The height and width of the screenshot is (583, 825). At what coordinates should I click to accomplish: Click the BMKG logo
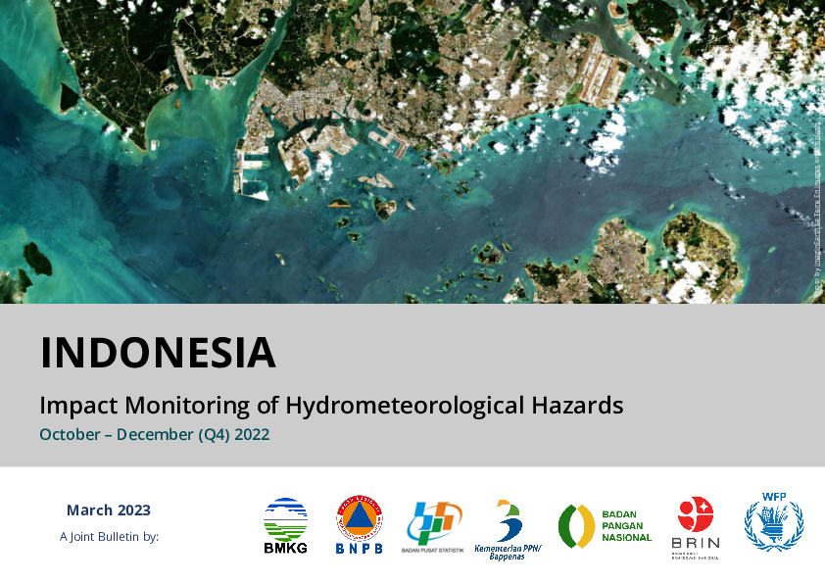[x=285, y=526]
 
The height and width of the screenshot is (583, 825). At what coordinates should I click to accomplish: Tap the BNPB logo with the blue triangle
[x=359, y=524]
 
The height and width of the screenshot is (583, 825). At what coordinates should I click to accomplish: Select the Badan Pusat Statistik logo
[x=431, y=526]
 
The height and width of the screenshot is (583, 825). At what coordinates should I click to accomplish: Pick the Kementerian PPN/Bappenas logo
[x=508, y=529]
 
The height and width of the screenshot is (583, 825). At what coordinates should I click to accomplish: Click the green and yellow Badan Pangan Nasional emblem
[x=576, y=526]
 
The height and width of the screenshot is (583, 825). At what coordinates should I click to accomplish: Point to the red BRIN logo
[x=696, y=526]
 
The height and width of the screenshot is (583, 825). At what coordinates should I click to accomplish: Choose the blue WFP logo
[x=773, y=522]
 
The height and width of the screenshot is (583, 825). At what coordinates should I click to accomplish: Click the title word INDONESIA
[x=158, y=353]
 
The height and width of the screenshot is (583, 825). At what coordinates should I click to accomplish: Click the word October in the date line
[x=69, y=433]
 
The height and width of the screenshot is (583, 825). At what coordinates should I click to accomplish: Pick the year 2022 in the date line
[x=250, y=433]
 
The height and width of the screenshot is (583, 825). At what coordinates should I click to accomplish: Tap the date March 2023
[x=109, y=510]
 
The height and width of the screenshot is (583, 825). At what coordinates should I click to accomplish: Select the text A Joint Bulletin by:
[x=109, y=536]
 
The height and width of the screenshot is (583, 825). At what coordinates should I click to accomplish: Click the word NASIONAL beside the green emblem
[x=626, y=538]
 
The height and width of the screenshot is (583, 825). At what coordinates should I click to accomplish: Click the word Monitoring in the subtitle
[x=180, y=404]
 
